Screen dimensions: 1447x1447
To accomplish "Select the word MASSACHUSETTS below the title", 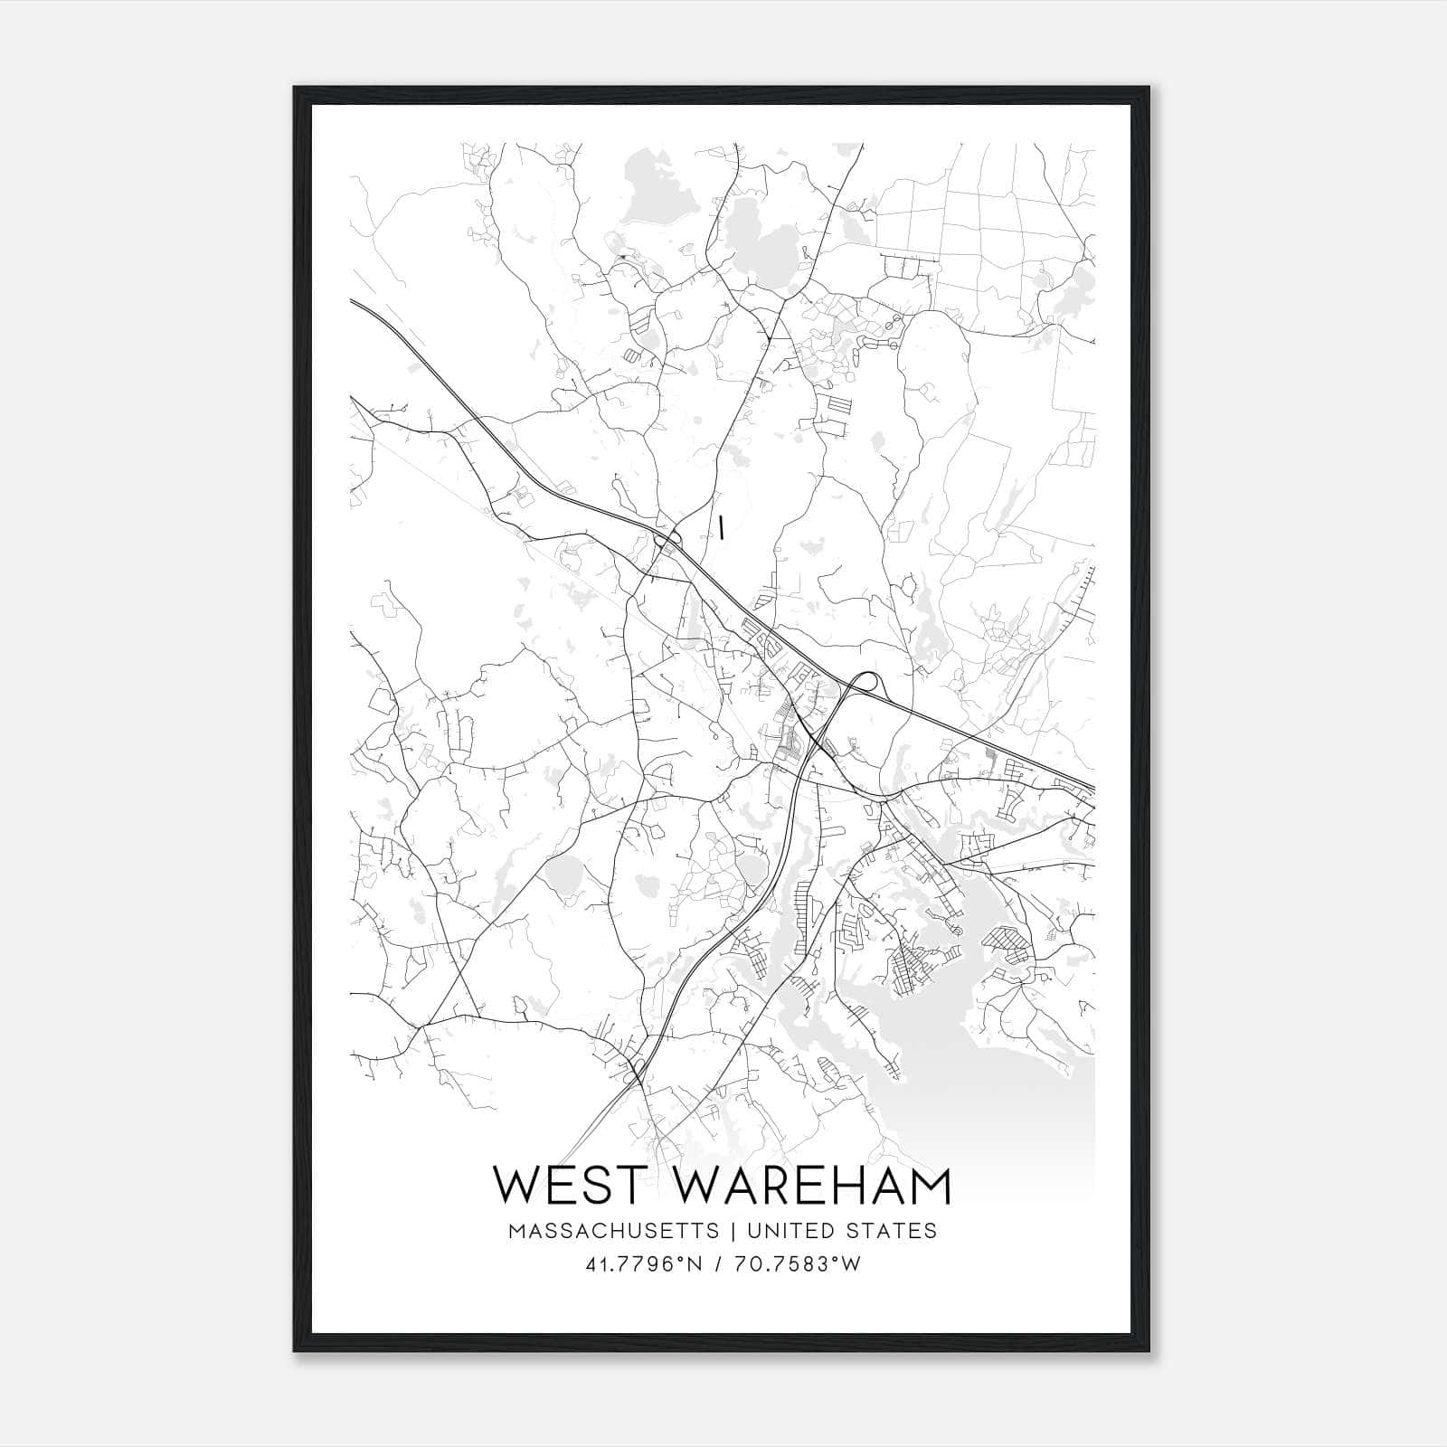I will point(614,1231).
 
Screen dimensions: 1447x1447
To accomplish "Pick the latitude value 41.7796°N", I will point(644,1264).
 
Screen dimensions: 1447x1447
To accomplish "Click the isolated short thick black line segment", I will point(722,527).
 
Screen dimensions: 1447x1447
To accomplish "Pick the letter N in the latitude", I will point(695,1264).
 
